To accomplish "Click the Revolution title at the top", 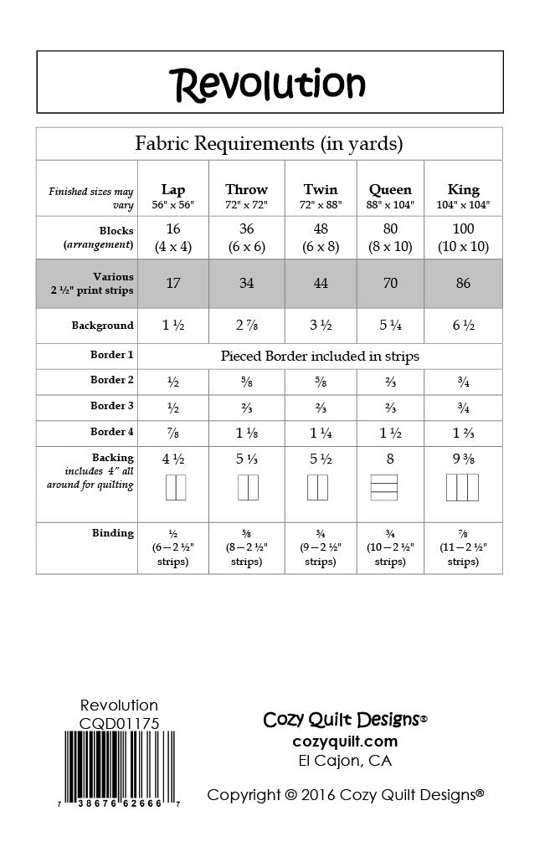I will point(268,83).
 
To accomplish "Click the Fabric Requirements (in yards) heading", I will point(269,144).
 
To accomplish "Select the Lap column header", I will point(173,189).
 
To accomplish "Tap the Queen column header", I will point(390,189).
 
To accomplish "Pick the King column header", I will point(463,189).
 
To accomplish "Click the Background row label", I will point(102,326).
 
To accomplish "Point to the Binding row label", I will point(112,533).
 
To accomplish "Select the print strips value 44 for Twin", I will point(321,283).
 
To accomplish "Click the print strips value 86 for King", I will point(463,283).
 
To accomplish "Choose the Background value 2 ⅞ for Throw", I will point(246,326).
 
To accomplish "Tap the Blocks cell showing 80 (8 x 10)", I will point(390,238).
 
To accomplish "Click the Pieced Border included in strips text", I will point(320,356).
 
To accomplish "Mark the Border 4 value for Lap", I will point(173,433).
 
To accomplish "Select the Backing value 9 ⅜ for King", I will point(463,459).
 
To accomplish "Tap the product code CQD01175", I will point(120,723).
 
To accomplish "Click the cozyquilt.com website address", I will point(345,742).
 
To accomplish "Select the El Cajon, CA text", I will point(345,761).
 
